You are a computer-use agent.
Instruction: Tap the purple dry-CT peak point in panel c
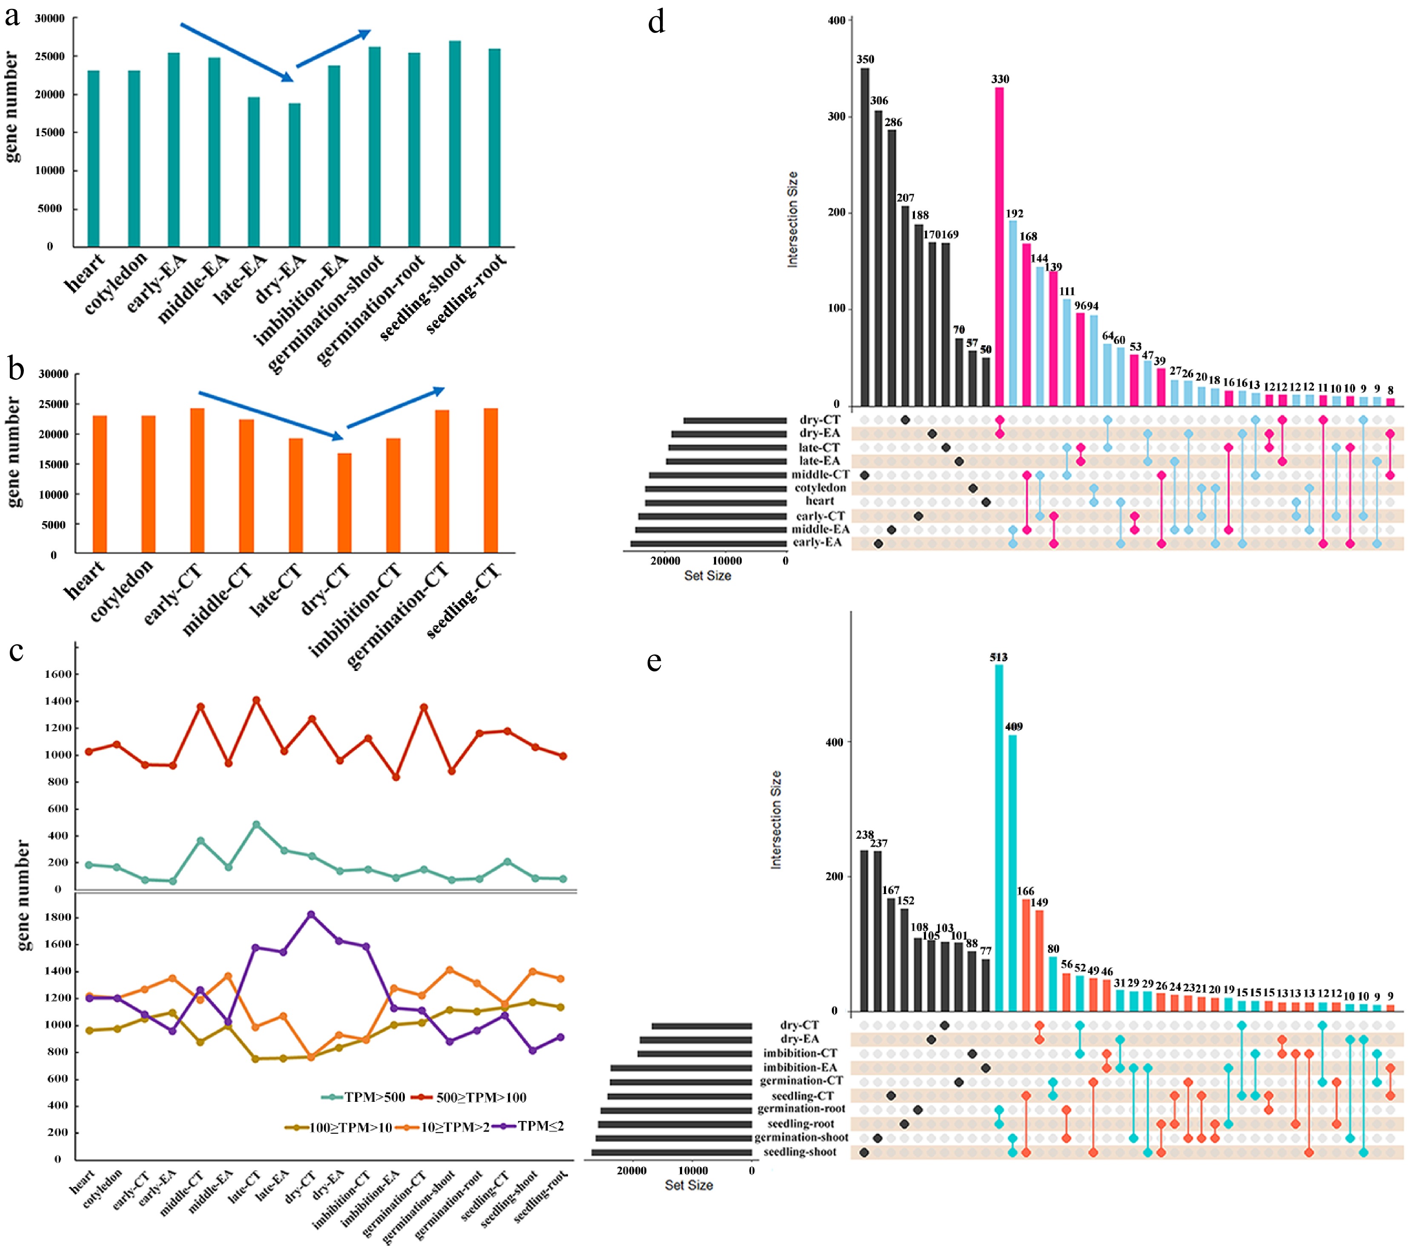[x=311, y=915]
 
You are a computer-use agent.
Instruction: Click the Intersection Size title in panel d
[x=793, y=219]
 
